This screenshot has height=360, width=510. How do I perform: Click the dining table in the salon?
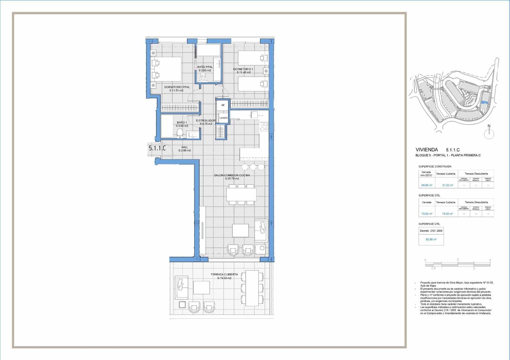pos(241,194)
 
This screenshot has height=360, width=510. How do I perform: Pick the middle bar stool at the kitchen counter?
pos(253,167)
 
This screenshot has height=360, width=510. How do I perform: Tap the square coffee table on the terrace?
pos(201,288)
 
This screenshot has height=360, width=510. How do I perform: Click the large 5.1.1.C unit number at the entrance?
pos(157,148)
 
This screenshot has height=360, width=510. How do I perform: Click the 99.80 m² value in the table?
pos(426,185)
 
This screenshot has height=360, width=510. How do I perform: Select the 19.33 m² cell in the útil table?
pos(448,214)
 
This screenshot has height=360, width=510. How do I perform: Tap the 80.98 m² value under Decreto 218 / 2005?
pos(431,239)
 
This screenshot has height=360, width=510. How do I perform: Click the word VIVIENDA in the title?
pos(426,150)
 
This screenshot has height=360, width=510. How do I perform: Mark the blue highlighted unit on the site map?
pos(484,102)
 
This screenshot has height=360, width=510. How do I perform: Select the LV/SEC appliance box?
pos(223,118)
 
